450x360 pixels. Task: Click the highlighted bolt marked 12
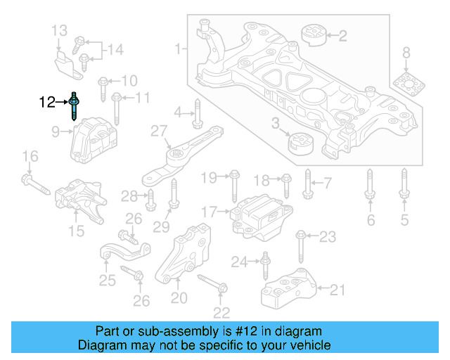point(74,107)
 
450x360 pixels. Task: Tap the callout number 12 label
point(47,103)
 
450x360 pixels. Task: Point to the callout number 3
point(276,124)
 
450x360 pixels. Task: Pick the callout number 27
point(159,131)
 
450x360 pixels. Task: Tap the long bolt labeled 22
point(212,284)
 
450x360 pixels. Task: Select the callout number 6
point(370,221)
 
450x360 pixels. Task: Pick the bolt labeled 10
point(103,86)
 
